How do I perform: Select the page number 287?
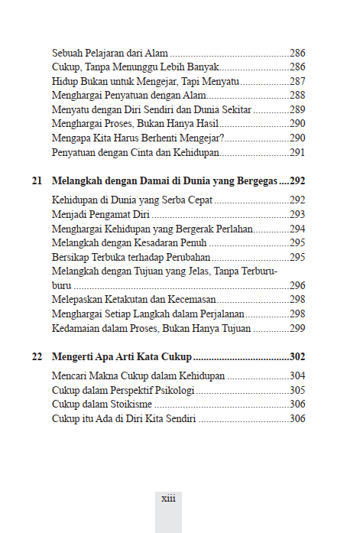pos(297,81)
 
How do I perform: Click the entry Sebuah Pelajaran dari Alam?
pos(110,54)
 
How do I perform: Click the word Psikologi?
pos(174,390)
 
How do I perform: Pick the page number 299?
pos(297,328)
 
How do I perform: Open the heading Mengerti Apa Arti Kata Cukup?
pos(122,356)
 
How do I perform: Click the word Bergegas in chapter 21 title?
pos(251,182)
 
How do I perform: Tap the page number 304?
pos(297,375)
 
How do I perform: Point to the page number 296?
pos(297,284)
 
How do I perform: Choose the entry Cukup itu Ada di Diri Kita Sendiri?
pos(125,419)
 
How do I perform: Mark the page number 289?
pos(297,109)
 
